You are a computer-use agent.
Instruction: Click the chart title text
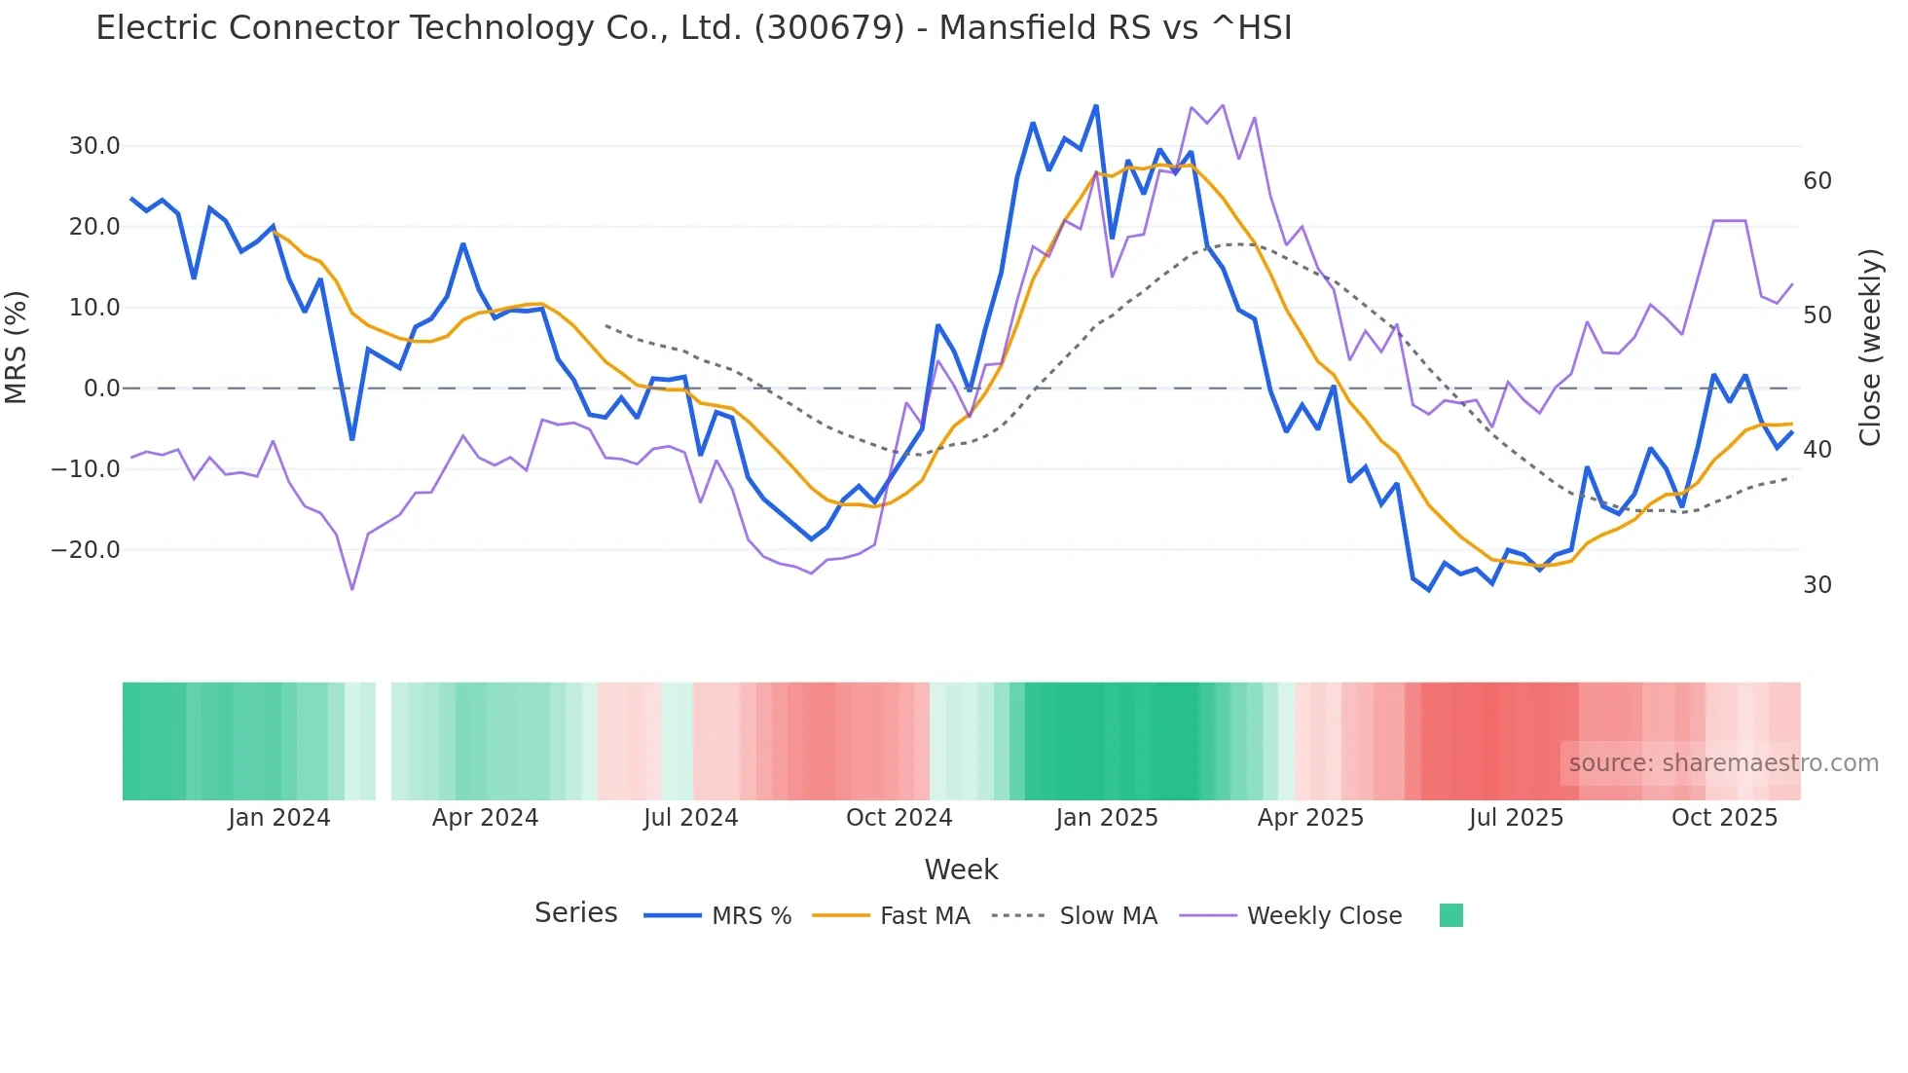693,28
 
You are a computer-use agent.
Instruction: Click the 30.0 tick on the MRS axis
94,146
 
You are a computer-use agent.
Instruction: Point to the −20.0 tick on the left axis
86,550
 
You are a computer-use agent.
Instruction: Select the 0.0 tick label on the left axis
101,388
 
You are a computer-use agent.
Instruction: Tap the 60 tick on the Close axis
1816,181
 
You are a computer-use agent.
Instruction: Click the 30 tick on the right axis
1816,585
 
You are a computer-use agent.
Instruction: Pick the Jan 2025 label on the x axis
1106,818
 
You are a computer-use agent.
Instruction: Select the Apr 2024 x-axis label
485,818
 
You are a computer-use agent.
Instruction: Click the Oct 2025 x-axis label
1724,818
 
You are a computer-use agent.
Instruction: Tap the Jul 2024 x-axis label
690,818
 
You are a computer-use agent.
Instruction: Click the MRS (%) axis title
17,347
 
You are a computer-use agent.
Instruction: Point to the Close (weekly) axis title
1870,347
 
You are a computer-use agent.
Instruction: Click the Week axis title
961,869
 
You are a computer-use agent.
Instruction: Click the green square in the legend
1450,915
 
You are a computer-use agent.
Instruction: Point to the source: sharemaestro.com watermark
1723,763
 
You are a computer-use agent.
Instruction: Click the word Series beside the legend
575,913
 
